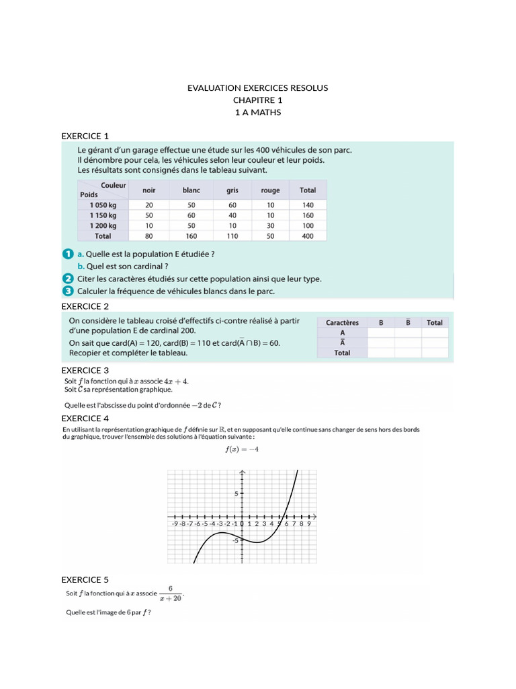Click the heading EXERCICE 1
coord(85,136)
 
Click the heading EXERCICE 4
coord(85,418)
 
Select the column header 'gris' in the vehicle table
coord(232,190)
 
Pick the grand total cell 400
coord(308,236)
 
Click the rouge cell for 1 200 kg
coord(270,226)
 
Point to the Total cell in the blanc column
coord(191,236)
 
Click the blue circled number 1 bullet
coord(67,254)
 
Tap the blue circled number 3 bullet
coord(67,291)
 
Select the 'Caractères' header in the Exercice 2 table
coord(342,322)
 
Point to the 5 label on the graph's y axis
coord(236,494)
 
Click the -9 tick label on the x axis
coord(175,523)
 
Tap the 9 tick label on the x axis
coord(308,523)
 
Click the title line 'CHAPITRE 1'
coord(258,100)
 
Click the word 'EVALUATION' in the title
coord(214,88)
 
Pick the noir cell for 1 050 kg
coord(149,205)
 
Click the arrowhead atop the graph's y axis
coord(242,472)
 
